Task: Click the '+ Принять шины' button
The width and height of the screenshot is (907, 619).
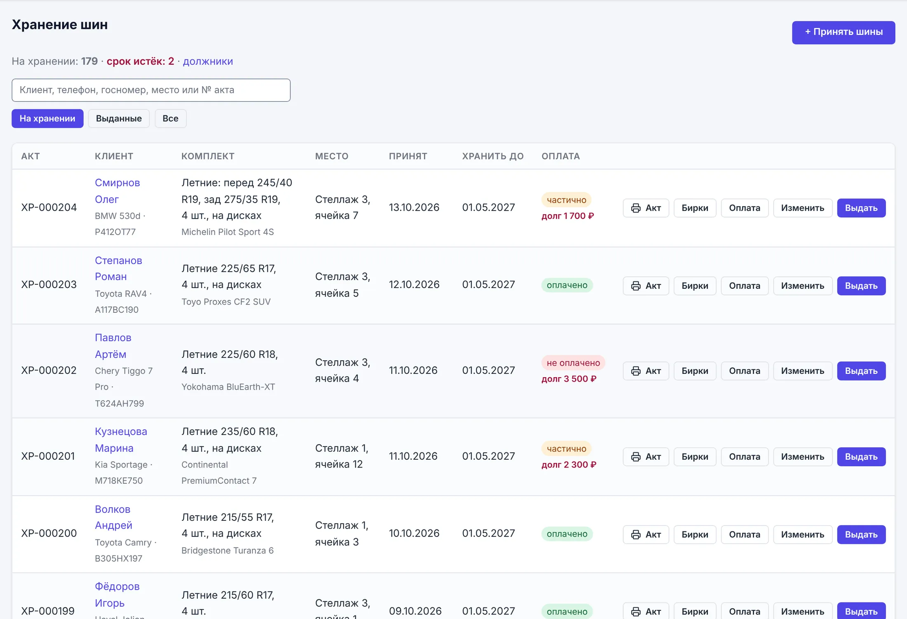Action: (843, 32)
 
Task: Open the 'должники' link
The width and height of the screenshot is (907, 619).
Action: (208, 61)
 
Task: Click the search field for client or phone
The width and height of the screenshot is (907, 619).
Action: (151, 90)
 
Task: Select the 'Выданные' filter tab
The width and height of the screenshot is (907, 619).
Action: (119, 118)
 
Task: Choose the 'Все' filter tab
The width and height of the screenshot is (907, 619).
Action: (170, 118)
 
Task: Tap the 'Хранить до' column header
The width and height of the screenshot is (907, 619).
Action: (493, 156)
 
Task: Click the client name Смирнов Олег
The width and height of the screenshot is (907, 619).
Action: (117, 191)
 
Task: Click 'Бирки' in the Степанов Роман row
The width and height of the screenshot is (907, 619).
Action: (695, 286)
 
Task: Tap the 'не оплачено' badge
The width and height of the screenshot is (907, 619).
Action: (573, 363)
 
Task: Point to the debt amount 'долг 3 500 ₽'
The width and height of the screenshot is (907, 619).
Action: (569, 379)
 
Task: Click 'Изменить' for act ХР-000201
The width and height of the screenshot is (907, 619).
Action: (802, 456)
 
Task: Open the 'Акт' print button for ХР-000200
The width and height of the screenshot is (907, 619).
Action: (646, 534)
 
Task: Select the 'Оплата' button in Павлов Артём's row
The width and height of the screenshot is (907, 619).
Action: (744, 371)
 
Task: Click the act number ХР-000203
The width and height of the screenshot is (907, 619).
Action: (49, 284)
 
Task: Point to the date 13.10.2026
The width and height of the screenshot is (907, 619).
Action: (414, 207)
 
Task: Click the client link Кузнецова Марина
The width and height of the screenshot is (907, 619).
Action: (121, 439)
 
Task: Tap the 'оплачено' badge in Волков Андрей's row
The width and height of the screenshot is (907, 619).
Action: (567, 534)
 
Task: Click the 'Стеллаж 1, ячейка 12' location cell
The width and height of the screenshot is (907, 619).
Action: (341, 456)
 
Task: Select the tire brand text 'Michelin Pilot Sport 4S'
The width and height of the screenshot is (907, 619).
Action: (228, 232)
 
